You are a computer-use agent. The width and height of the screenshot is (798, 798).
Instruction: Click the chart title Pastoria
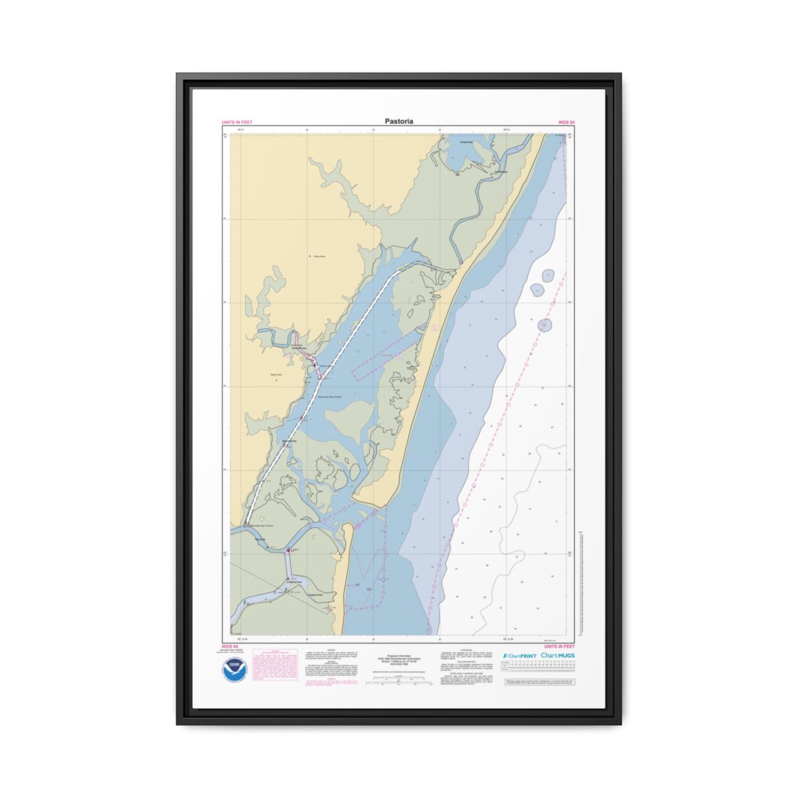[398, 121]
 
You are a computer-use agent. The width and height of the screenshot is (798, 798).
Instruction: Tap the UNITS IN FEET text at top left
[237, 122]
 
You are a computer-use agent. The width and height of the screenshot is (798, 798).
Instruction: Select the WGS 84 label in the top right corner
[566, 122]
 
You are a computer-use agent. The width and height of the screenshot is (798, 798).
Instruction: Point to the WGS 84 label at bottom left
[229, 646]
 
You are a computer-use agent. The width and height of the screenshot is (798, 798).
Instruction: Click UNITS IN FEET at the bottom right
[559, 646]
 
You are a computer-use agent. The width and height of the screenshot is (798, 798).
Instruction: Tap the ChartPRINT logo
[519, 656]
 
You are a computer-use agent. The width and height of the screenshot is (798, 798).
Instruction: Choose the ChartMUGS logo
[558, 656]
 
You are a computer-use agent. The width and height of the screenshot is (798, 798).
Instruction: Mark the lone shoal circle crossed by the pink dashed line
[545, 325]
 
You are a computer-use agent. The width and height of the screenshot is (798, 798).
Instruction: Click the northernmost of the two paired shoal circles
[548, 275]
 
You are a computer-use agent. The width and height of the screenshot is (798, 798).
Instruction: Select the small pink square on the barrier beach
[434, 327]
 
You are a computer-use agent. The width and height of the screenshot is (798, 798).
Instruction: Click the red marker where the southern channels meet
[288, 551]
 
